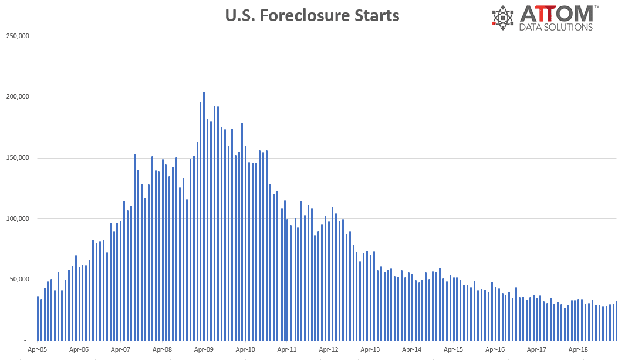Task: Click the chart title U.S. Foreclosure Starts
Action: (312, 15)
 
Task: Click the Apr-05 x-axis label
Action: (38, 349)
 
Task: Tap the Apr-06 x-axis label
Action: (79, 349)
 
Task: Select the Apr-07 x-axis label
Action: (120, 349)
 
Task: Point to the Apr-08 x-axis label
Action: (162, 349)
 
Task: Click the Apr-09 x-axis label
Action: (204, 349)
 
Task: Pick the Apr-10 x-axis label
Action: (245, 349)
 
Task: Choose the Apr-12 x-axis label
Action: (329, 349)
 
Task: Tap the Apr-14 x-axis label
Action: (412, 349)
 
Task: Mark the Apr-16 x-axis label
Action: (495, 349)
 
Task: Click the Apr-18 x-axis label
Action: (578, 349)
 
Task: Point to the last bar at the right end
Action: (616, 321)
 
